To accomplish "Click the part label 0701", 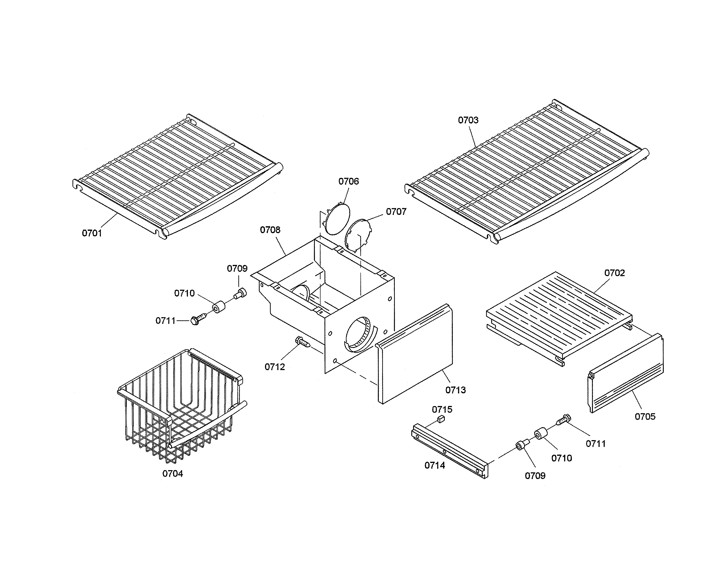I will (x=92, y=233).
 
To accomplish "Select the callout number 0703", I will (x=468, y=120).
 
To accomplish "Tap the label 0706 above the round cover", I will (x=349, y=181).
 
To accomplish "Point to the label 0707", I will (x=396, y=212).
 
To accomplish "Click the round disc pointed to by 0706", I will (x=337, y=218).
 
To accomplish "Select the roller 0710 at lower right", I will (x=541, y=434).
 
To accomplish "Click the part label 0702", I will (x=614, y=273).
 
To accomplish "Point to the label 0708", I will (x=270, y=230).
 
